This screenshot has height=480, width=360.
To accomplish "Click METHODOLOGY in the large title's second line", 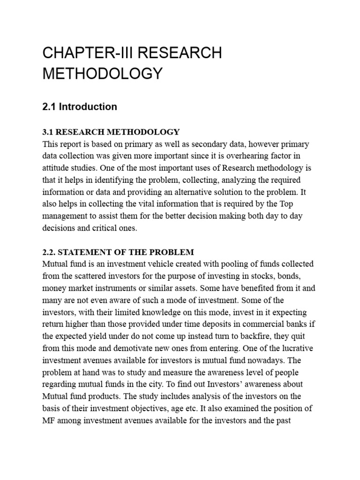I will click(102, 74).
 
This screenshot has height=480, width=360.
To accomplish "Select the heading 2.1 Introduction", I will click(80, 107).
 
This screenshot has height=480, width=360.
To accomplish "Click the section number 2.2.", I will click(50, 252).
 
